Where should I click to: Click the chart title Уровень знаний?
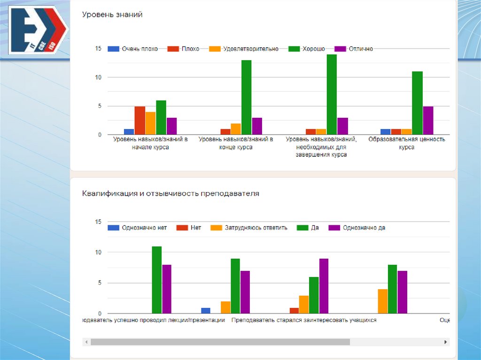click(112, 15)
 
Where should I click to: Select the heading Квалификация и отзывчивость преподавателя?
click(171, 193)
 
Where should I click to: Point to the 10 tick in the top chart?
click(98, 77)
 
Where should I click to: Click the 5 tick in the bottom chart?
click(98, 283)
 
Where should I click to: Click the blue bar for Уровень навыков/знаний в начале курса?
click(129, 132)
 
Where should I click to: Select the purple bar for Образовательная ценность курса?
click(428, 121)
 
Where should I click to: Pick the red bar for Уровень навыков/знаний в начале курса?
click(140, 121)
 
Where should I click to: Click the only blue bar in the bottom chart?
click(206, 311)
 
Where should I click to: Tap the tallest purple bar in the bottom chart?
click(324, 286)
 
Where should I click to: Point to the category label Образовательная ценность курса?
click(407, 143)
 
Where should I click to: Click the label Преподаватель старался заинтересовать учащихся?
click(304, 320)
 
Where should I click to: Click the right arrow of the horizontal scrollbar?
click(446, 342)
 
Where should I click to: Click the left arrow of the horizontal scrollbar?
click(86, 342)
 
